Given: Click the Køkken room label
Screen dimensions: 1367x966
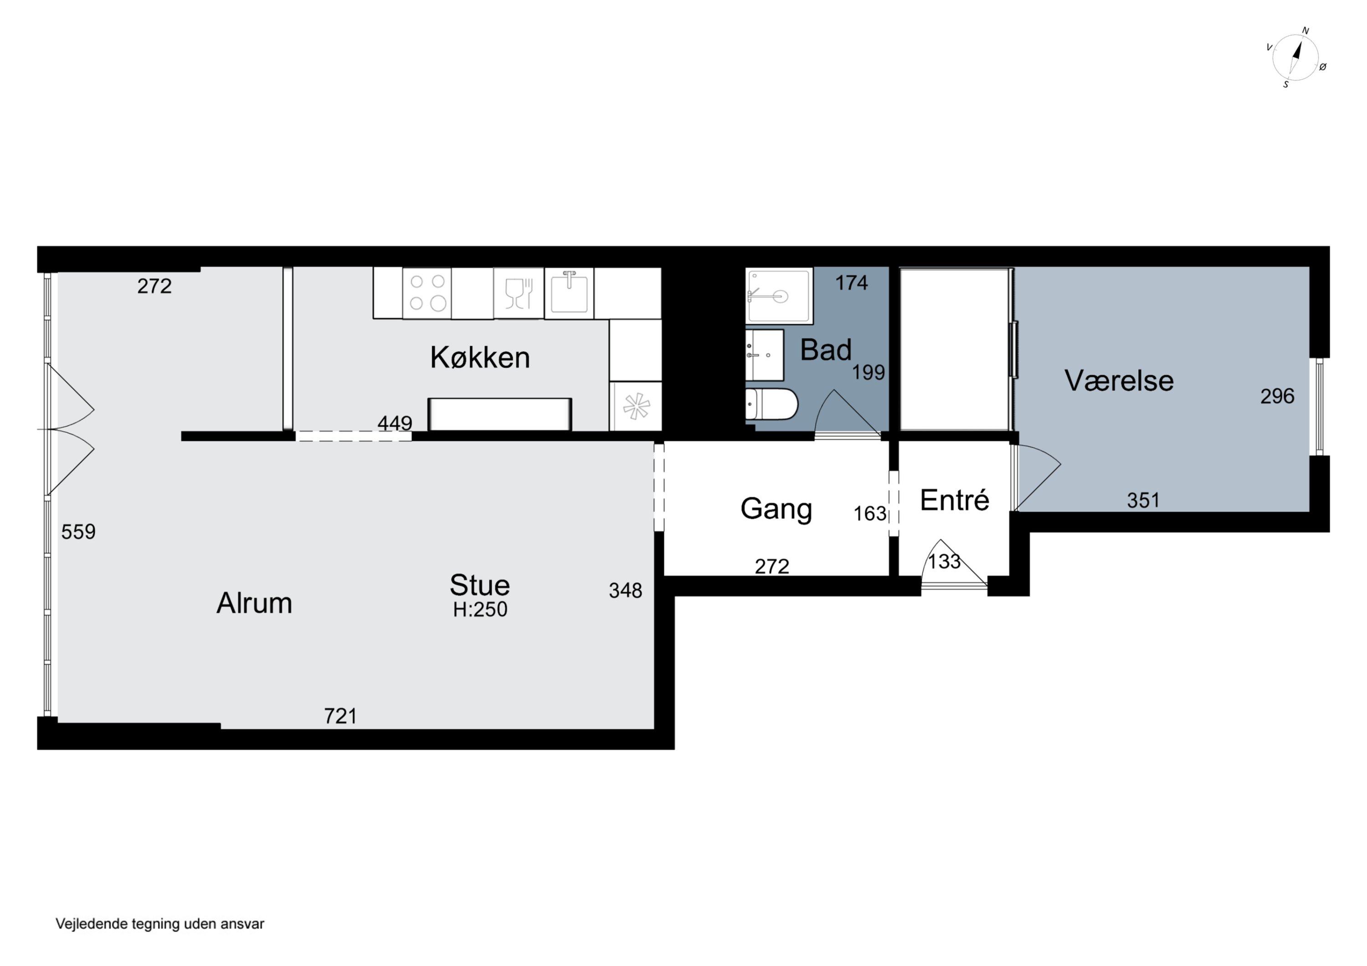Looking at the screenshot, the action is (480, 358).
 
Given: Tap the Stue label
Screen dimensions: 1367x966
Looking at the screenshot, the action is (480, 585).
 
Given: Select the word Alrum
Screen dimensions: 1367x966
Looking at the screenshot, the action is (254, 603).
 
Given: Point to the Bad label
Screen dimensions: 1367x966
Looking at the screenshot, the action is (826, 349).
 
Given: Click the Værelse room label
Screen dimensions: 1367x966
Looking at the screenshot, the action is (1119, 380).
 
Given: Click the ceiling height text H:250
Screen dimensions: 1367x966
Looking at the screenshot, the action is (480, 609).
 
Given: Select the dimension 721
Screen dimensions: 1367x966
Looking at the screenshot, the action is (340, 716).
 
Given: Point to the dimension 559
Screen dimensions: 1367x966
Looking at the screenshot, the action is (78, 532).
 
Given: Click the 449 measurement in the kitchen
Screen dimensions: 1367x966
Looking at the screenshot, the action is (395, 423).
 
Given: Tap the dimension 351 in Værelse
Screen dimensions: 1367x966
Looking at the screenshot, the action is (1143, 501).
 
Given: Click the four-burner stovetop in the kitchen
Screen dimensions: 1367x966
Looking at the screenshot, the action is (427, 293).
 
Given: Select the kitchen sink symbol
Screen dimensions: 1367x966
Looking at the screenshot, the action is (569, 293).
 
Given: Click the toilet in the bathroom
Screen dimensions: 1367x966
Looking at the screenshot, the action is (771, 404).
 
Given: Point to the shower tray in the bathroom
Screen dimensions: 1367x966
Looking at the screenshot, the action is (779, 296).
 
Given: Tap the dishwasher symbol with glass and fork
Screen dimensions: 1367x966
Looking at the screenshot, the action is (519, 293).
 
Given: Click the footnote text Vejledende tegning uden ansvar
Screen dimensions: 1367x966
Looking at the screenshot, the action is (159, 924).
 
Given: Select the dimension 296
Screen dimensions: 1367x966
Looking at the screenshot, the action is (1277, 396).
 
